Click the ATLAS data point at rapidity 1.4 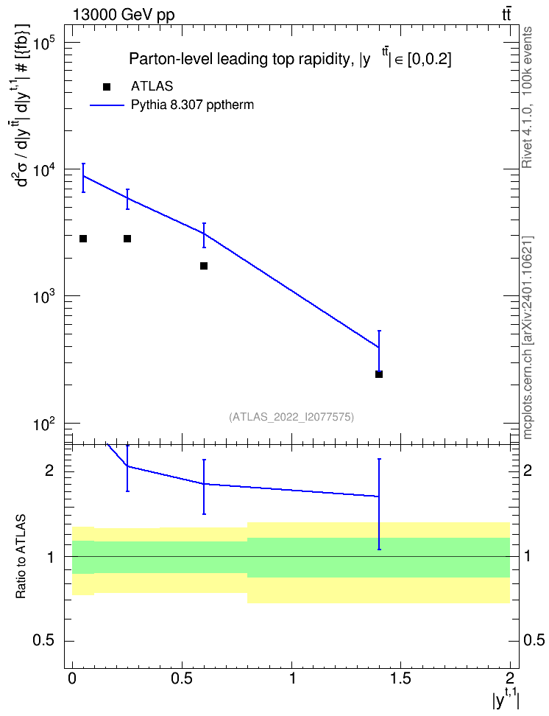tap(379, 374)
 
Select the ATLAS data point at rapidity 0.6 tap(204, 266)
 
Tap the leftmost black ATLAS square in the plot tap(83, 239)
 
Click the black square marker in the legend tap(107, 86)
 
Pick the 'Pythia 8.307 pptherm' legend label tap(192, 105)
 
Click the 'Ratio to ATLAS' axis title tap(21, 557)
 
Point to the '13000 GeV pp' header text tap(123, 15)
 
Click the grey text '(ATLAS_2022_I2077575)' tap(291, 416)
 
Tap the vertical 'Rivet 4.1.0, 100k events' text tap(527, 97)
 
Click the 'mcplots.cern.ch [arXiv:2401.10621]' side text tap(527, 337)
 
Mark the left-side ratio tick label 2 tap(50, 470)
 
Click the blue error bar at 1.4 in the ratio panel tap(379, 504)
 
